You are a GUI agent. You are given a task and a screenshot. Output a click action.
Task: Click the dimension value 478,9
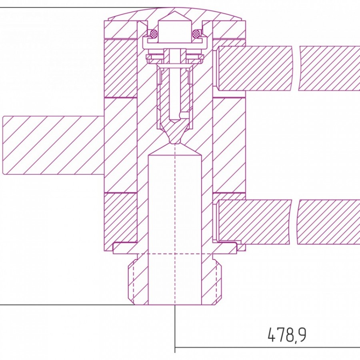[x=287, y=335]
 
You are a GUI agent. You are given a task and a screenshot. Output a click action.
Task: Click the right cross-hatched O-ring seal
[x=196, y=34]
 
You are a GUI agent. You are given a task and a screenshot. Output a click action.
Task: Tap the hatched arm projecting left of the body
[x=54, y=145]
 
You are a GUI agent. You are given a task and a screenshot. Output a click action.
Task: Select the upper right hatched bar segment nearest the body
[x=255, y=68]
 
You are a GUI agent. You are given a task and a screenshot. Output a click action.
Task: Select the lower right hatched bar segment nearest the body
[x=254, y=222]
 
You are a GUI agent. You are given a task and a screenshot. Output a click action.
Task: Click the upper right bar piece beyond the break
[x=329, y=68]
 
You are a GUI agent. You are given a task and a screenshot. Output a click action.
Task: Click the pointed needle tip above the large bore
[x=175, y=138]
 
